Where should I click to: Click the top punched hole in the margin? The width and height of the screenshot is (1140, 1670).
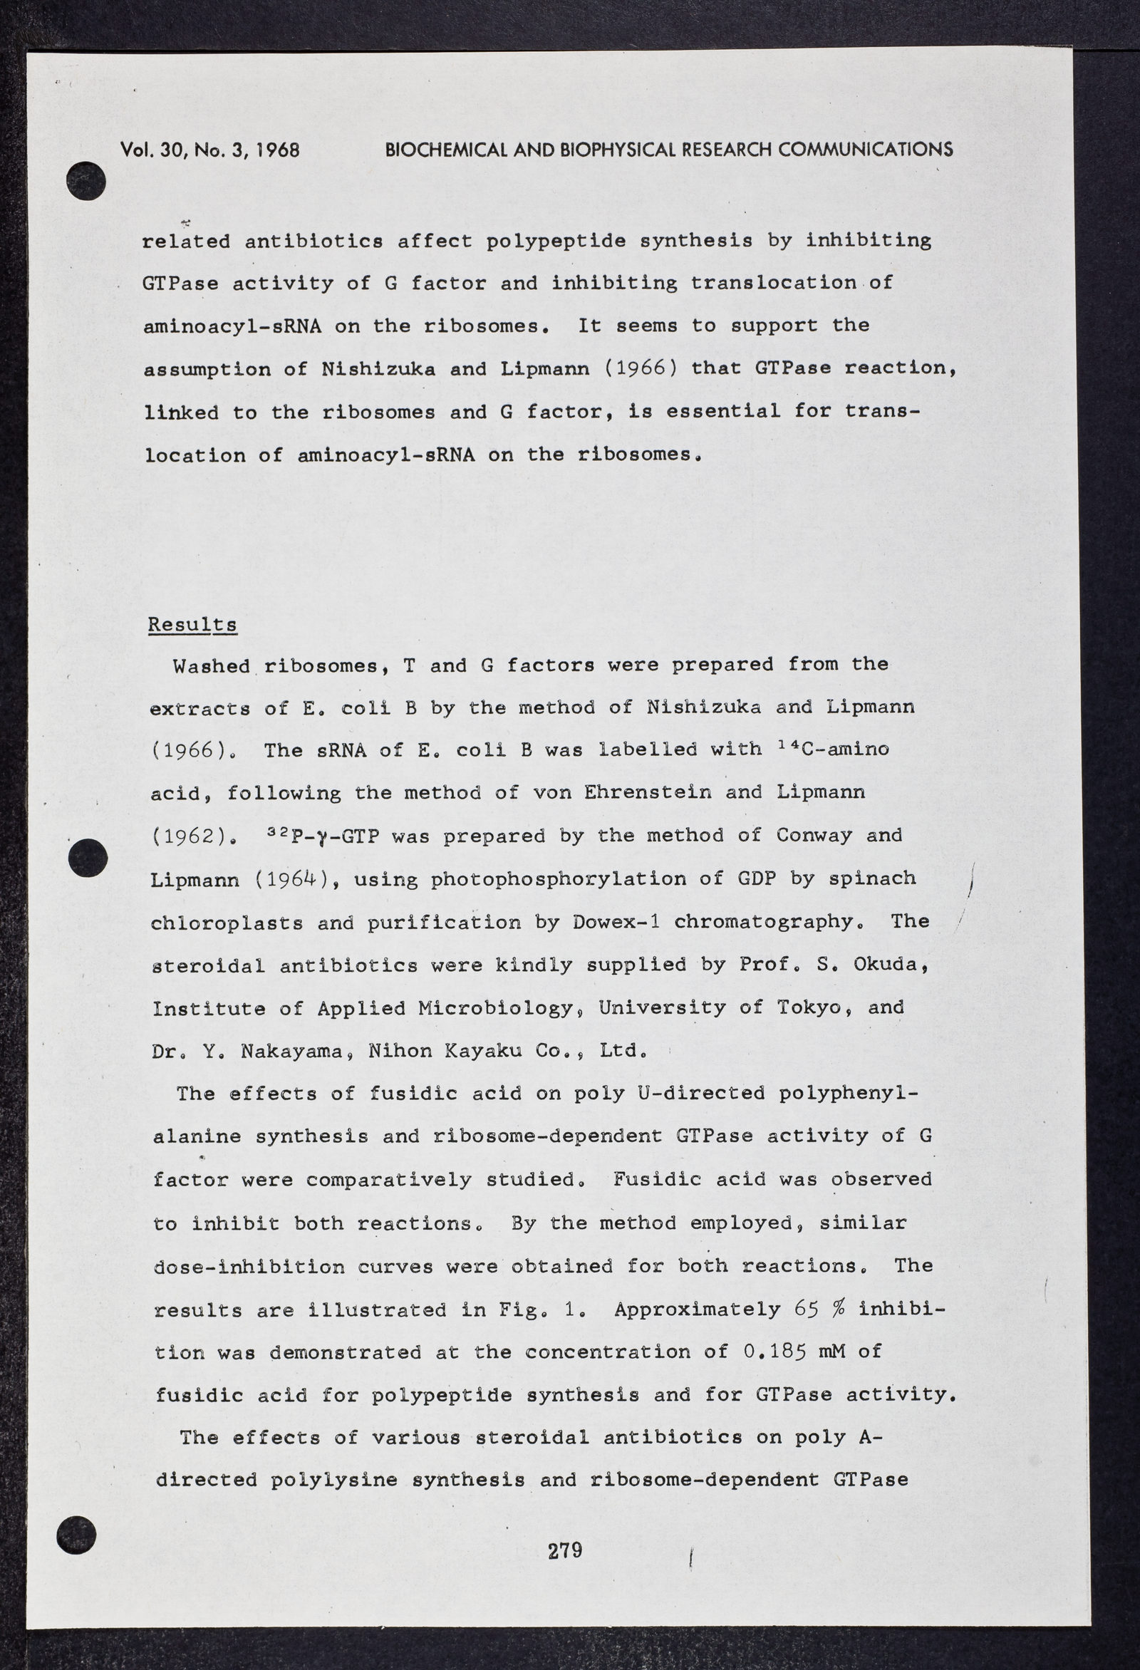pyautogui.click(x=86, y=181)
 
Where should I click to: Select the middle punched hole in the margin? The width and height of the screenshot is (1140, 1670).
pyautogui.click(x=88, y=857)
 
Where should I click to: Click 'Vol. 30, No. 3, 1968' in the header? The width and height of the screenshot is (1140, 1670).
pyautogui.click(x=210, y=150)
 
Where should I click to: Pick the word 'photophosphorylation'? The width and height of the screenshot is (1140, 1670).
pyautogui.click(x=559, y=879)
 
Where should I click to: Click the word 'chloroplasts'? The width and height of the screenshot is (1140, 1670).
pyautogui.click(x=227, y=923)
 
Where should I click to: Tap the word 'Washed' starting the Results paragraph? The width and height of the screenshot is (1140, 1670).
pyautogui.click(x=211, y=665)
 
